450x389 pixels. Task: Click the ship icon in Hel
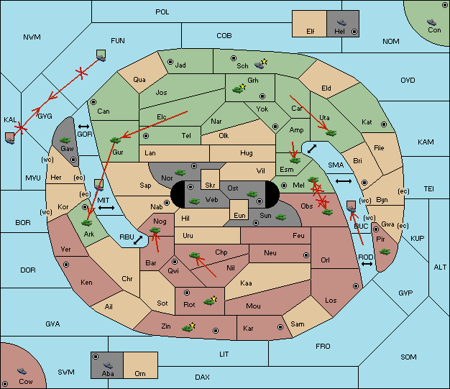(x=341, y=22)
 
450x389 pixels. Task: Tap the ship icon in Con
(x=431, y=22)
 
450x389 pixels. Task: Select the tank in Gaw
(x=65, y=140)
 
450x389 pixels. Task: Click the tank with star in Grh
(x=239, y=89)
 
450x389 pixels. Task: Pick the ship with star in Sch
(x=261, y=64)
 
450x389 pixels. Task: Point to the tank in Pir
(x=385, y=252)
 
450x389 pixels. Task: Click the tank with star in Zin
(x=188, y=328)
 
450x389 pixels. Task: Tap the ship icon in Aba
(x=108, y=365)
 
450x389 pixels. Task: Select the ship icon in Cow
(x=22, y=370)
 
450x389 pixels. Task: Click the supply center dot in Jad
(x=170, y=62)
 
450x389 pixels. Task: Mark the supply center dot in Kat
(x=384, y=124)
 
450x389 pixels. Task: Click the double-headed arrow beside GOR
(x=83, y=127)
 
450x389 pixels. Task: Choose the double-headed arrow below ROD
(x=367, y=264)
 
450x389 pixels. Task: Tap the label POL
(x=162, y=12)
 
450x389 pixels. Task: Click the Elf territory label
(x=311, y=32)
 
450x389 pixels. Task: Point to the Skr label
(x=210, y=186)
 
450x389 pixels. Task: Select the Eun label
(x=239, y=215)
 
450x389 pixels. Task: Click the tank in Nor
(x=180, y=173)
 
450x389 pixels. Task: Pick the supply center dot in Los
(x=356, y=286)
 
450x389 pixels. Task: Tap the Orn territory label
(x=140, y=373)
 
